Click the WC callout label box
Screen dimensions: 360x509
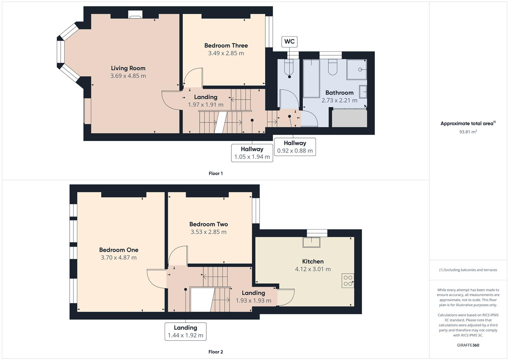coord(289,42)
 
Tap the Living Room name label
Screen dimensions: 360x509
coord(128,68)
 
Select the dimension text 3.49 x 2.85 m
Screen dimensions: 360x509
coord(226,53)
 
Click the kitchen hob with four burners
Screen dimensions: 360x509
coord(348,281)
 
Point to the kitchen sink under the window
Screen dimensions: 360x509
coord(311,242)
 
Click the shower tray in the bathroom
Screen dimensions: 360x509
coord(357,69)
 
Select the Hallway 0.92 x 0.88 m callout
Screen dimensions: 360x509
coord(295,147)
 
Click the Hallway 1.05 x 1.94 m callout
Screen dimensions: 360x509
coord(252,153)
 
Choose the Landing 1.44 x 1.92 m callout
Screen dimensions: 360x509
coord(185,331)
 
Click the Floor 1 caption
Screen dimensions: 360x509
coord(216,173)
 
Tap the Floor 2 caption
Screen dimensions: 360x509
coord(216,352)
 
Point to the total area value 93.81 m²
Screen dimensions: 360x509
coord(468,132)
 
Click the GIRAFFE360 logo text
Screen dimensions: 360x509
coord(468,345)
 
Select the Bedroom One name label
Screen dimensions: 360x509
coord(119,250)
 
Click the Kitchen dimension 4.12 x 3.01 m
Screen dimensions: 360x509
coord(313,269)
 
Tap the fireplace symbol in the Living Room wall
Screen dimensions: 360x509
coord(135,15)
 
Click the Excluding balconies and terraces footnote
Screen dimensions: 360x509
coord(468,270)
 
